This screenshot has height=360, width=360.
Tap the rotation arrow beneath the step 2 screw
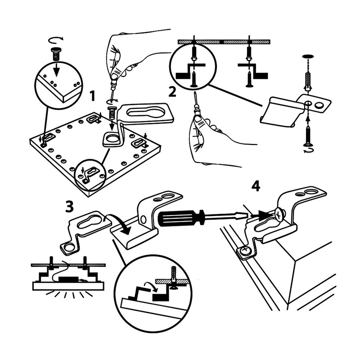308,152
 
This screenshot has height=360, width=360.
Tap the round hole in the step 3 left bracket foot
68,247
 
